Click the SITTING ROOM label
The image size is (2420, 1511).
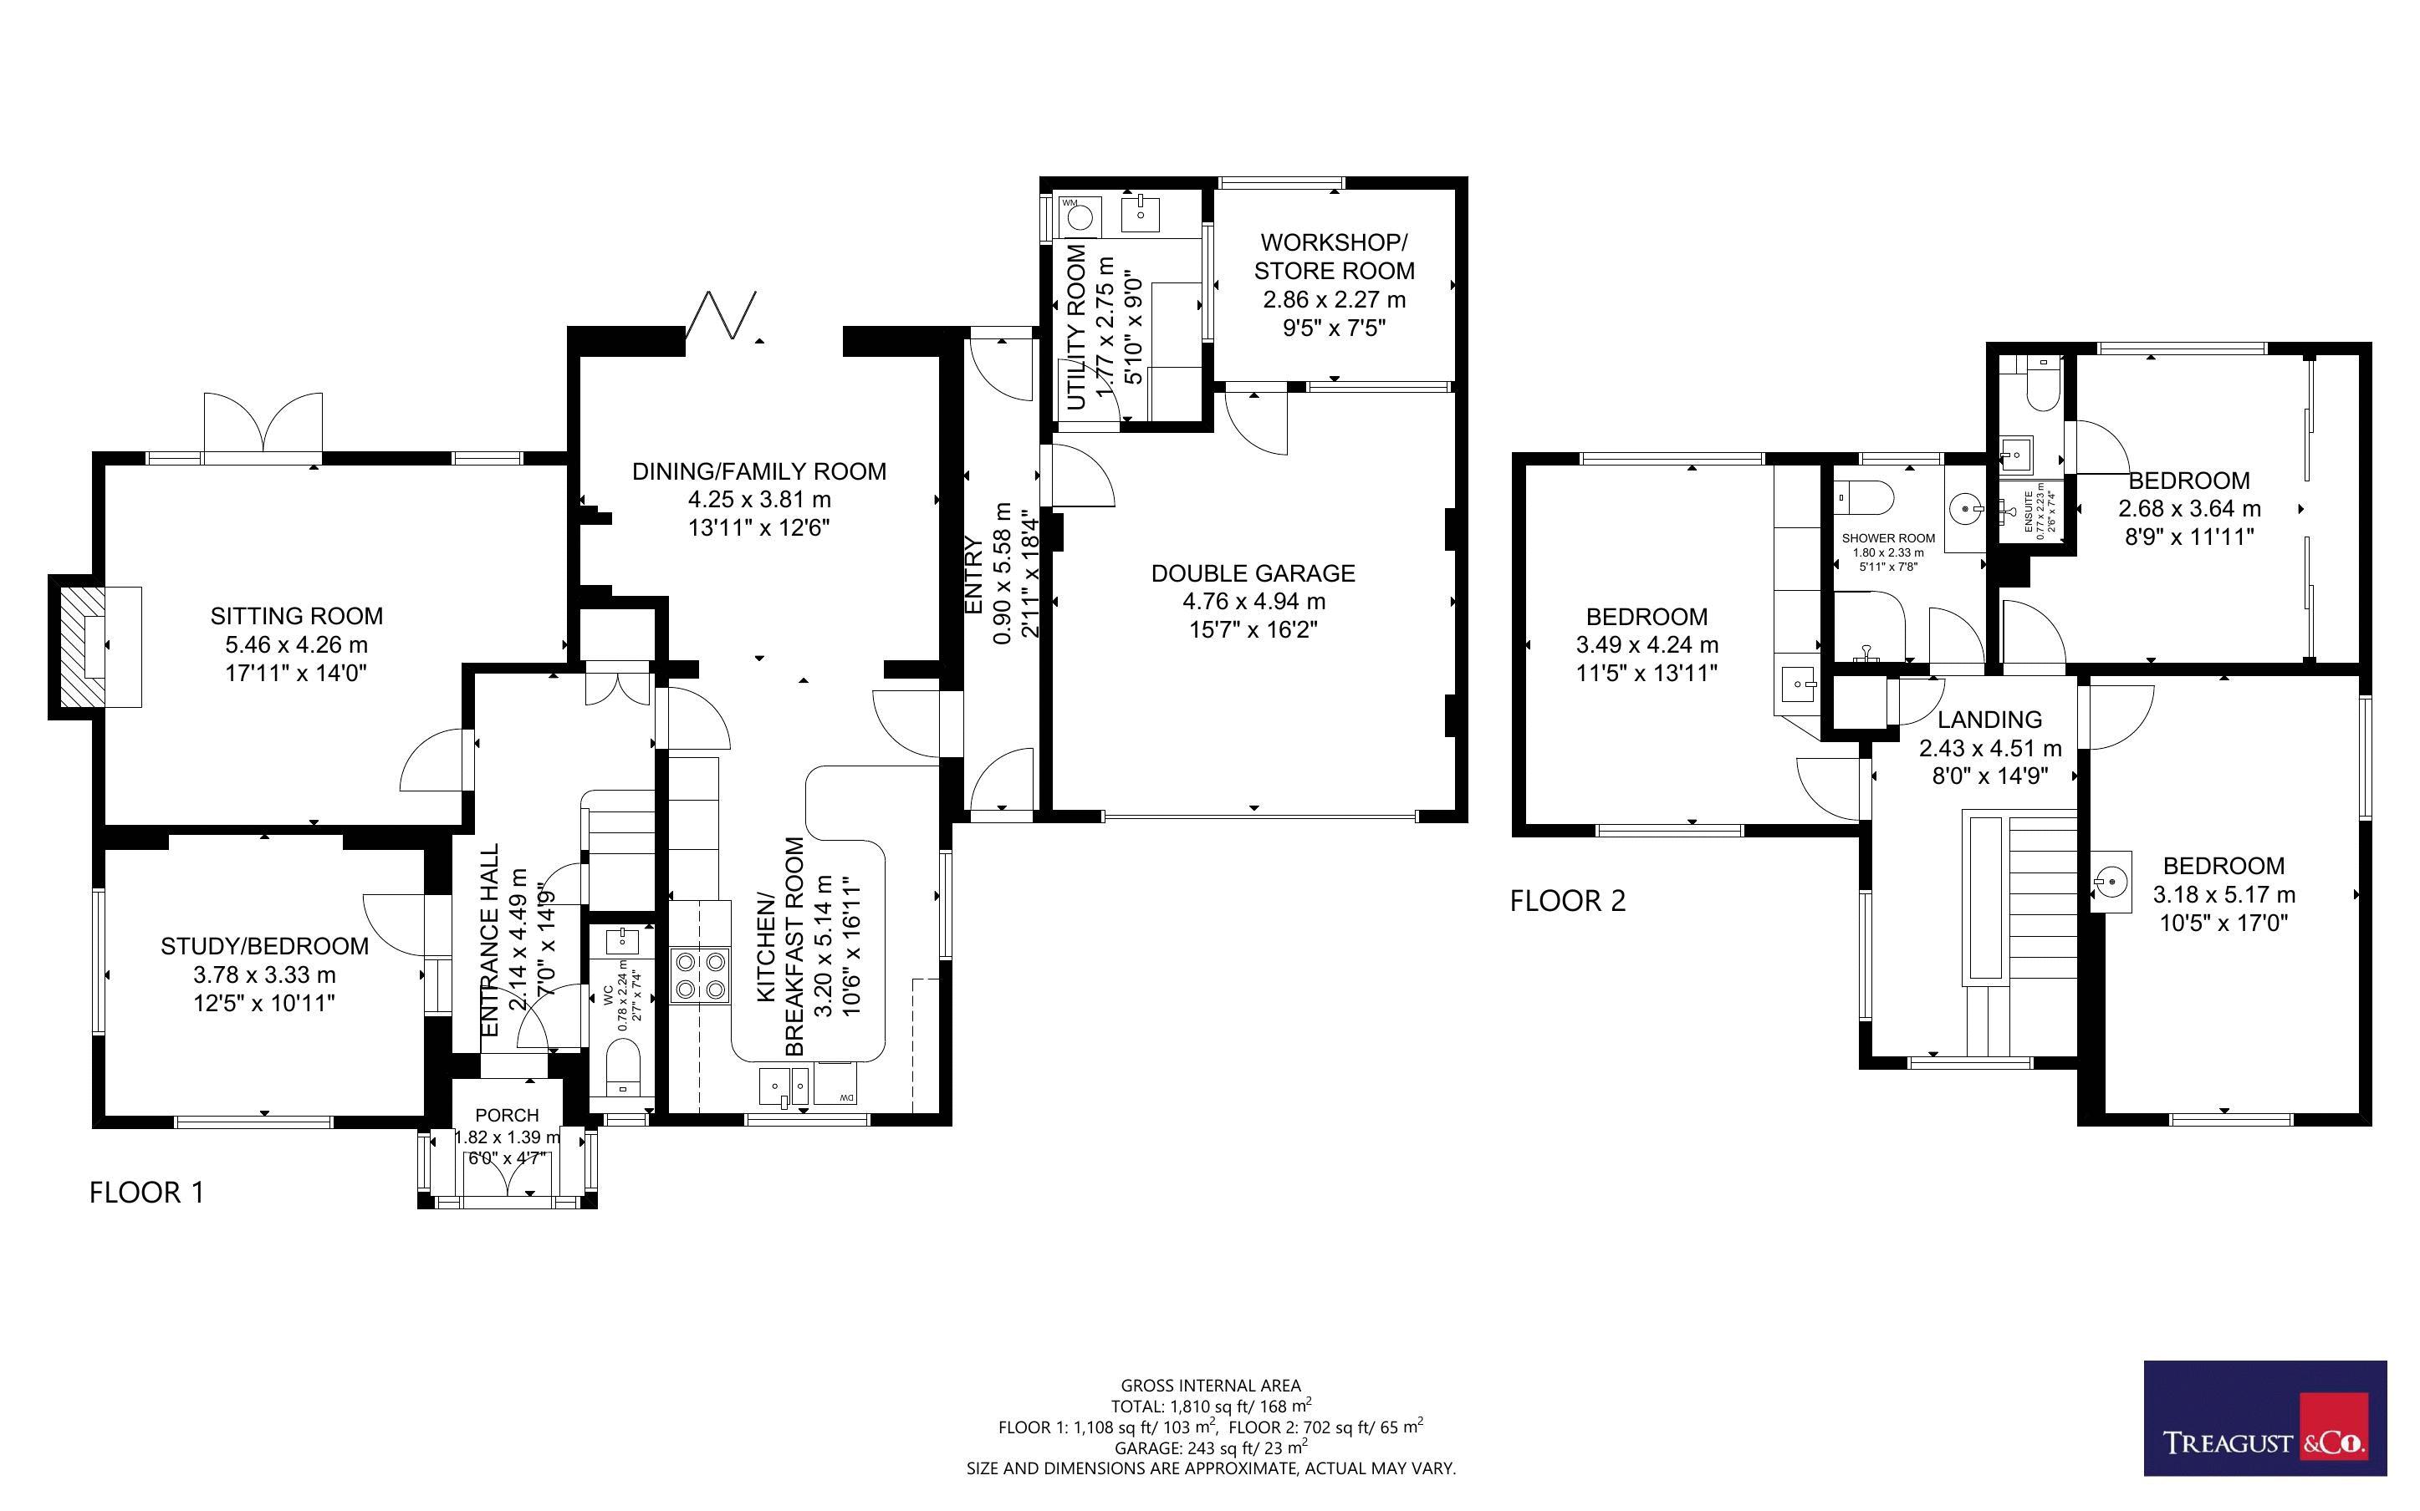[x=297, y=616]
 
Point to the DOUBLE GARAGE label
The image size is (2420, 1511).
[x=1253, y=573]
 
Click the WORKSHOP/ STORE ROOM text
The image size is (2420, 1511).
[x=1335, y=257]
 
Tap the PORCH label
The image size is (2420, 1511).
[x=507, y=1115]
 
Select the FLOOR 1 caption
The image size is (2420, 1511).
[x=147, y=1193]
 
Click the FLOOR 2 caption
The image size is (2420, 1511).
[x=1567, y=902]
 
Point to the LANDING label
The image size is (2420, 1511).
[x=1989, y=720]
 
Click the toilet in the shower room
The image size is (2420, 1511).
[x=1866, y=496]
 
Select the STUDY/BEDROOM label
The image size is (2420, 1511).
[x=265, y=946]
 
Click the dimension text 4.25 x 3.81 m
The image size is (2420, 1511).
[x=759, y=500]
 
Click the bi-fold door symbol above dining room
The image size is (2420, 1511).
[x=722, y=316]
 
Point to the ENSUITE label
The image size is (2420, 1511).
[x=2028, y=511]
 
